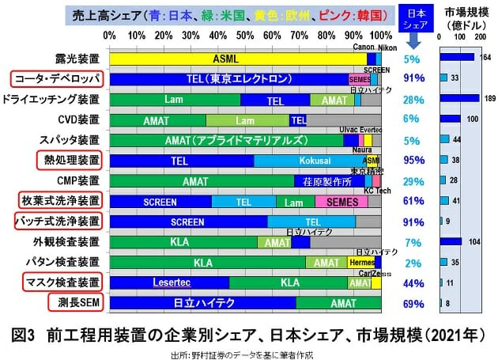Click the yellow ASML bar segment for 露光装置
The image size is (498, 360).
[237, 59]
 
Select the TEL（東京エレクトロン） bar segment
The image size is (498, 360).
[229, 79]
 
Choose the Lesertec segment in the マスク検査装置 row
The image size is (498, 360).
[168, 282]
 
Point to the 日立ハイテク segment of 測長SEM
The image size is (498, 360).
[202, 303]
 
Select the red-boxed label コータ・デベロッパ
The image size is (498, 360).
[56, 79]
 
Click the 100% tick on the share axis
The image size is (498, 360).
[381, 36]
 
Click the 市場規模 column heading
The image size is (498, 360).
[464, 13]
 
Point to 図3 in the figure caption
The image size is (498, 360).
[29, 333]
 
